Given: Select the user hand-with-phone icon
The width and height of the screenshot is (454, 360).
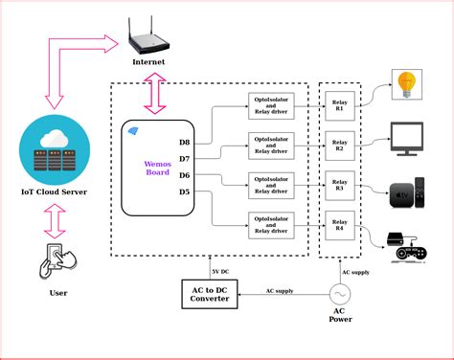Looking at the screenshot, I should click(57, 259).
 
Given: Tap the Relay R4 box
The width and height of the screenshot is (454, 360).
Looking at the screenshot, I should click(338, 226).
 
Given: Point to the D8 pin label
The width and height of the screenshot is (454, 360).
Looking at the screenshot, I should click(184, 143).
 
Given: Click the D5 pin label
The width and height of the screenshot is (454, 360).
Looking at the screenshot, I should click(184, 191).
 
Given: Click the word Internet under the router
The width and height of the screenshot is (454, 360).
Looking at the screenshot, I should click(148, 63).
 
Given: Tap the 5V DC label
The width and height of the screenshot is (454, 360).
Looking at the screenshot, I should click(221, 259).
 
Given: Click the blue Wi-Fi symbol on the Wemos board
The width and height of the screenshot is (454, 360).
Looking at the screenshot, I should click(133, 131).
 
